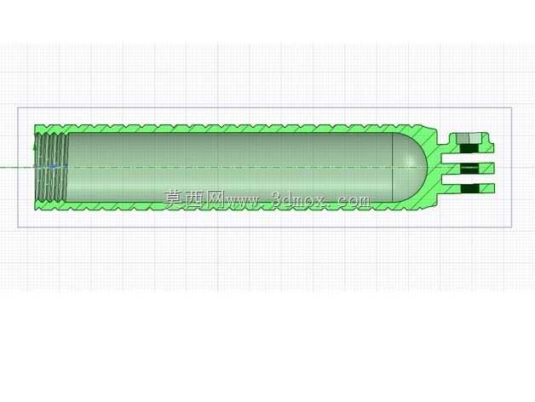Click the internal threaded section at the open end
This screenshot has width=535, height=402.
pyautogui.click(x=51, y=167)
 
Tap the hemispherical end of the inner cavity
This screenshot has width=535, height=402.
pyautogui.click(x=410, y=167)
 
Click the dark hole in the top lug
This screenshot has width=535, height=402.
pyautogui.click(x=470, y=147)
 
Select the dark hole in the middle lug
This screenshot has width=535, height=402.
pyautogui.click(x=470, y=168)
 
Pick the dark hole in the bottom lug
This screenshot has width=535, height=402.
pyautogui.click(x=470, y=188)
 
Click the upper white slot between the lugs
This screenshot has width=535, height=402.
pyautogui.click(x=468, y=158)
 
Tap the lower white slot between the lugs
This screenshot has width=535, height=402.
pyautogui.click(x=468, y=179)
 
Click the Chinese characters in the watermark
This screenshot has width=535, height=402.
pyautogui.click(x=193, y=199)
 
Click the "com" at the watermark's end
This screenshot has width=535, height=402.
pyautogui.click(x=354, y=201)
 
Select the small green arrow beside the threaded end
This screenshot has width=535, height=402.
pyautogui.click(x=34, y=147)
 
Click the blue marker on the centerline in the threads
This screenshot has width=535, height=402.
pyautogui.click(x=52, y=166)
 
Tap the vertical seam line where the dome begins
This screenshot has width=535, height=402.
pyautogui.click(x=393, y=167)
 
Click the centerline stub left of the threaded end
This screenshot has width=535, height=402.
pyautogui.click(x=17, y=167)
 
